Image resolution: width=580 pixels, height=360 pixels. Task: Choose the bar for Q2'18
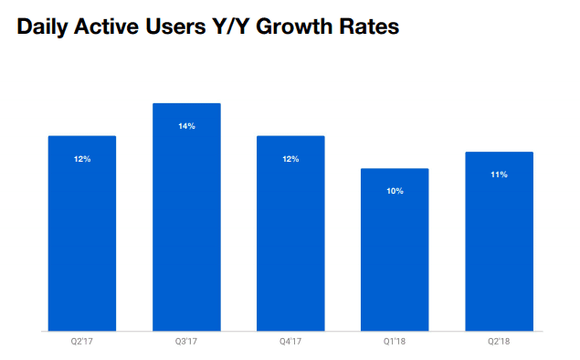click(499, 241)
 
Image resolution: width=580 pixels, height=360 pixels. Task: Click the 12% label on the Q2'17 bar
click(82, 159)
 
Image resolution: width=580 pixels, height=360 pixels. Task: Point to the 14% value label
click(186, 126)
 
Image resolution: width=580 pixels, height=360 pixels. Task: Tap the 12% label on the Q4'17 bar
click(290, 159)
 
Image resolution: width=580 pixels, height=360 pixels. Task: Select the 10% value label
click(395, 191)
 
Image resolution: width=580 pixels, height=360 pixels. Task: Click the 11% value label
click(499, 175)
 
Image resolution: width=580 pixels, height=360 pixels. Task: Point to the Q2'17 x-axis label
click(82, 343)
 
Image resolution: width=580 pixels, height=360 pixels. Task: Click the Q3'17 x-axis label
click(186, 343)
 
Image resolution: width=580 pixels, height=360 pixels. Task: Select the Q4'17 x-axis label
click(290, 343)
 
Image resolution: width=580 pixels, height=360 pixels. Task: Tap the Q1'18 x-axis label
click(395, 343)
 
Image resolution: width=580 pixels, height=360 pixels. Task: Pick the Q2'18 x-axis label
click(499, 343)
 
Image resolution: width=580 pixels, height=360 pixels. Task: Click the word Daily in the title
click(45, 28)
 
